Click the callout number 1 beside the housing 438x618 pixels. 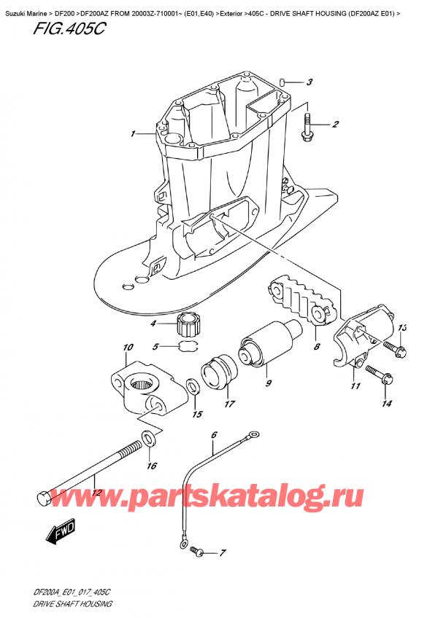pyautogui.click(x=133, y=134)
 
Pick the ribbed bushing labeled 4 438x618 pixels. pyautogui.click(x=190, y=321)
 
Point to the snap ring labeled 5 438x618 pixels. pyautogui.click(x=189, y=347)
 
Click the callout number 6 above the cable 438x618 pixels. pyautogui.click(x=214, y=437)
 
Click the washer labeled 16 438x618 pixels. pyautogui.click(x=148, y=438)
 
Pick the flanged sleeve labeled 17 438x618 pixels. pyautogui.click(x=217, y=370)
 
